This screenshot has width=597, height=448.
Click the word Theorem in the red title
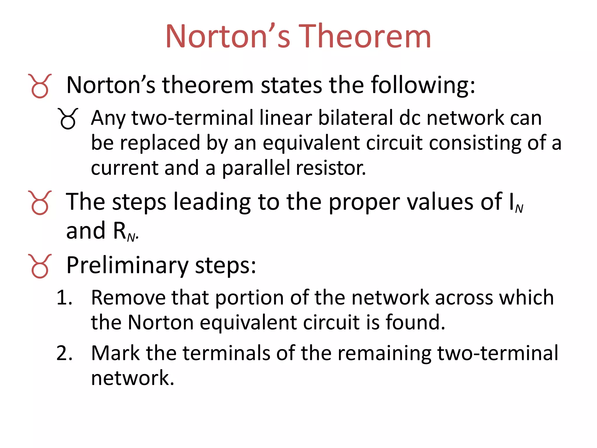(x=364, y=36)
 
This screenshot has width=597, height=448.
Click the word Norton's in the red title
(x=228, y=36)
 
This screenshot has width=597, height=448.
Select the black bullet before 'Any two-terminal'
(x=68, y=119)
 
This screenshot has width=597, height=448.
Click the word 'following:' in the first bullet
(x=423, y=85)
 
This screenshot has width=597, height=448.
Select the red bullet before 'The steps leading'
(x=40, y=203)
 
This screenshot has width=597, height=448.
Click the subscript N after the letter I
(x=519, y=208)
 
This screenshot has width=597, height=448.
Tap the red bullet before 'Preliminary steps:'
(x=40, y=266)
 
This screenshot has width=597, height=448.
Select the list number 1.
(x=64, y=298)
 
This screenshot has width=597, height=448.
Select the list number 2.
(x=64, y=353)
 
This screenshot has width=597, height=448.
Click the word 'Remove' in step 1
(x=128, y=298)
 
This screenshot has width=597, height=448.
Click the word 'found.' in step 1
(x=415, y=323)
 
